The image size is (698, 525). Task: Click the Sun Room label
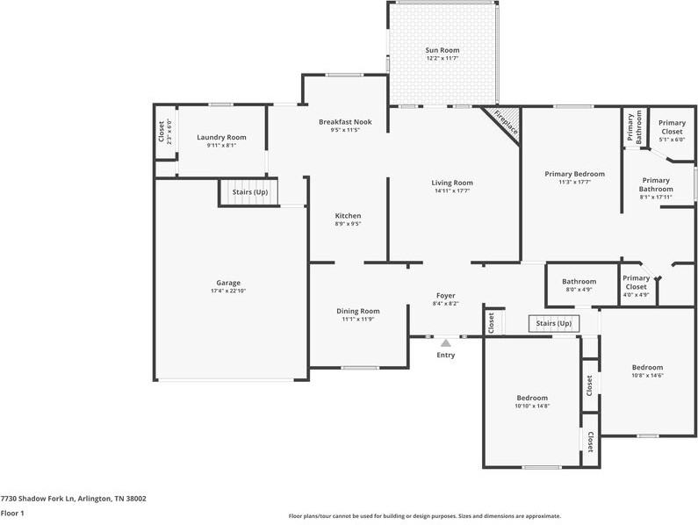(x=443, y=50)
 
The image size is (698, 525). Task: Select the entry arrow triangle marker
(x=446, y=342)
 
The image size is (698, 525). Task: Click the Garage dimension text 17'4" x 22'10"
(x=228, y=291)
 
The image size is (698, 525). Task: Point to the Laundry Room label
(x=221, y=137)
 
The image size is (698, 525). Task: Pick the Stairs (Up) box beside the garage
(x=249, y=191)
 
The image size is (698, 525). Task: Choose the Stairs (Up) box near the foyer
(x=553, y=323)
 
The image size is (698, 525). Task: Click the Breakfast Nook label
(x=345, y=122)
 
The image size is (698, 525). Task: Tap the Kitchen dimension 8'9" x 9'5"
(x=348, y=224)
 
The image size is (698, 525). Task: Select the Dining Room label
(x=358, y=311)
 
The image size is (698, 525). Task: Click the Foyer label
(x=446, y=296)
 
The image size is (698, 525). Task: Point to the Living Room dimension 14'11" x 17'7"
(x=452, y=191)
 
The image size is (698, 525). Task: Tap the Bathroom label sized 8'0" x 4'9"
(x=579, y=281)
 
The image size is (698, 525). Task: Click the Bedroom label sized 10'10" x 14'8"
(x=531, y=398)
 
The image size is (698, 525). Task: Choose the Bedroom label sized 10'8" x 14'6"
(x=647, y=367)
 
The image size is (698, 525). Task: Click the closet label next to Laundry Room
(x=161, y=132)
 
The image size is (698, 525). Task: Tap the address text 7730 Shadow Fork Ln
(x=73, y=499)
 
